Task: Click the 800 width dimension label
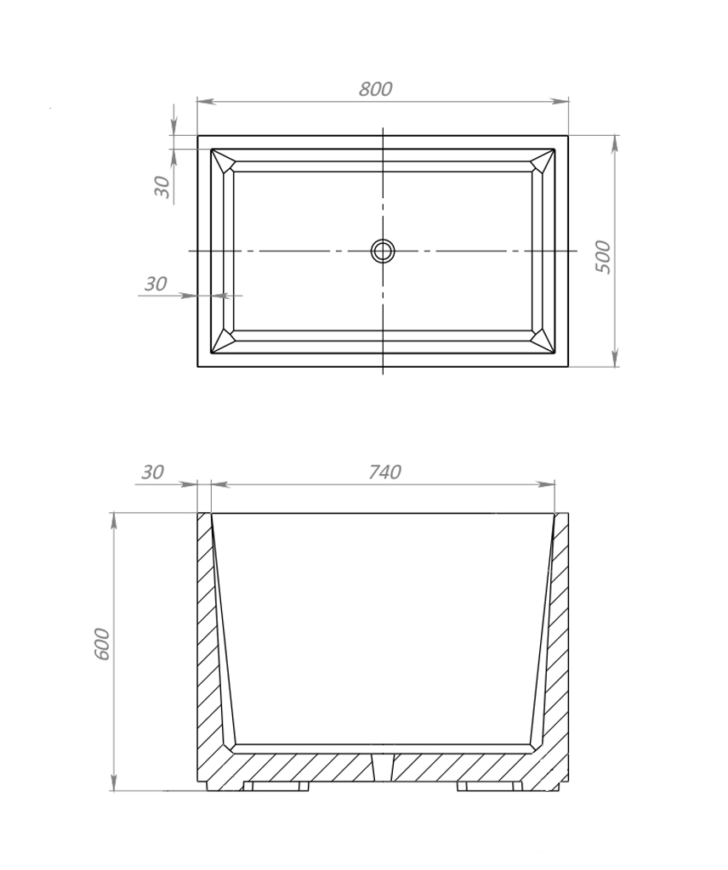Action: pyautogui.click(x=375, y=88)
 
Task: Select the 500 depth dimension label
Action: pyautogui.click(x=602, y=257)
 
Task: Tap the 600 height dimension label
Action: pyautogui.click(x=102, y=644)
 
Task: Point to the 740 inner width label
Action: pyautogui.click(x=384, y=472)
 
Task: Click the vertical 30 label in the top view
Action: pyautogui.click(x=162, y=186)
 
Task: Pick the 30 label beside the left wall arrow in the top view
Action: pyautogui.click(x=156, y=284)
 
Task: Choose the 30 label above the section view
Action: pyautogui.click(x=152, y=472)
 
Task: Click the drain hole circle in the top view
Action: pyautogui.click(x=383, y=251)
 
